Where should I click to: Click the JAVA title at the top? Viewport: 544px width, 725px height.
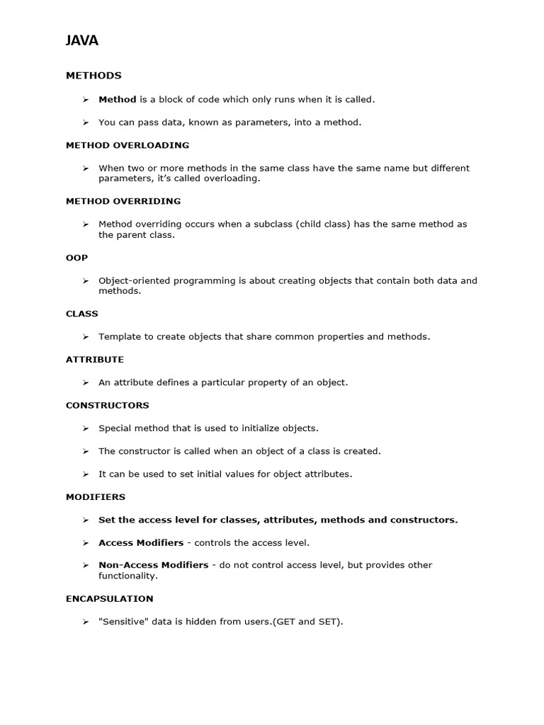tap(82, 41)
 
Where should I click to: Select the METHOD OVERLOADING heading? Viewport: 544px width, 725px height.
tap(127, 145)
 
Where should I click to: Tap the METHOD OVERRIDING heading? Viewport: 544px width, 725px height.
tap(123, 201)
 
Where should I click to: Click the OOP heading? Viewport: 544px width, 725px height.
tap(76, 258)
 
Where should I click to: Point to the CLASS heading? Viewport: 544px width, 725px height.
tap(82, 314)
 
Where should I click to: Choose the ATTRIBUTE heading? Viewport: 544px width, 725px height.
tap(95, 360)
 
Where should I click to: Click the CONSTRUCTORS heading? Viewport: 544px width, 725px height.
tap(108, 406)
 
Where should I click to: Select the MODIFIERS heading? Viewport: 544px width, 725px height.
tap(96, 497)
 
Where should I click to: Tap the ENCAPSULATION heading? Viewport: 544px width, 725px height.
tap(110, 599)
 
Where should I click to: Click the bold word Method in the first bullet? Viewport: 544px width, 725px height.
tap(117, 100)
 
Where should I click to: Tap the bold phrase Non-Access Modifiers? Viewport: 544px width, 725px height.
tap(153, 565)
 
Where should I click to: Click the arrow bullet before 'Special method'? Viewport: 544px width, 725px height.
tap(85, 428)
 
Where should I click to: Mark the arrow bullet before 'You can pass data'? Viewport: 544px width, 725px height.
tap(85, 122)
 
